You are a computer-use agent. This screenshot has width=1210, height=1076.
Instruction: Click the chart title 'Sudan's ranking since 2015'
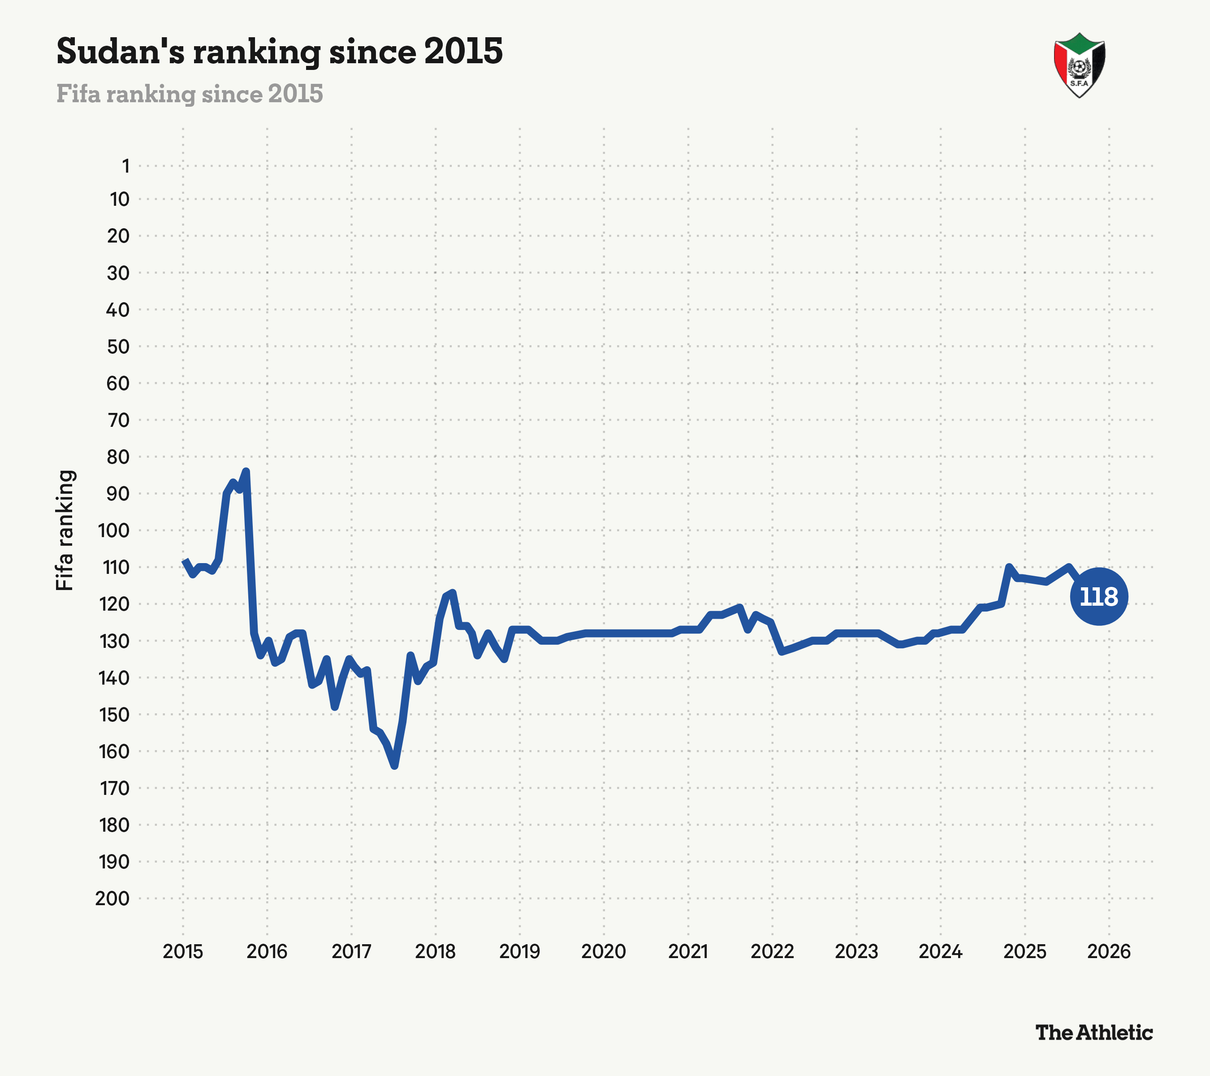279,51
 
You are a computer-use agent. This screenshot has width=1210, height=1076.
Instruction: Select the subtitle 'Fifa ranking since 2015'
190,94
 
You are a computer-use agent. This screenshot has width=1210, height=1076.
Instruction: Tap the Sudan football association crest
1079,65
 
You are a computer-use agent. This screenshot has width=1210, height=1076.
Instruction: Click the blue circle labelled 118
1099,596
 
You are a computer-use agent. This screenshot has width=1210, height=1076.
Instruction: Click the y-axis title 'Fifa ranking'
65,530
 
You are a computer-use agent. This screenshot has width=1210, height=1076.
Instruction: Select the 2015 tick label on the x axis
183,952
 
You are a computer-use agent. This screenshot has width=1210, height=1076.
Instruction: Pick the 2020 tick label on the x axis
603,952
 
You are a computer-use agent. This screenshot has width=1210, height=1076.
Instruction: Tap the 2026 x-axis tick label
1109,952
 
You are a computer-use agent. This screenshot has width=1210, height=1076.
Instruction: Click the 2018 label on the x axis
435,952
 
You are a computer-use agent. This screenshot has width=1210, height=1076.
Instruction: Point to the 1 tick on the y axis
125,166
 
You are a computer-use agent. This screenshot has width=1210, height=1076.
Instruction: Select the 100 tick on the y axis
114,530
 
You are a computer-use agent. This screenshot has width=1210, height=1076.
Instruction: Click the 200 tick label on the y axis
112,898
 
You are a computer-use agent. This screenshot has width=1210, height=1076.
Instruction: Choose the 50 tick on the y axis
118,347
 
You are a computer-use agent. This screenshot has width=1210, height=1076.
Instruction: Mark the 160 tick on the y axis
114,751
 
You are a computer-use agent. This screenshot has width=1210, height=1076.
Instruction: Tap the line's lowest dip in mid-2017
395,766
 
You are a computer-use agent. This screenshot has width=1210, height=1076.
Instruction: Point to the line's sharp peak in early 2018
452,593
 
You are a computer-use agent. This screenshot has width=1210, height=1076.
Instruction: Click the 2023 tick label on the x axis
856,952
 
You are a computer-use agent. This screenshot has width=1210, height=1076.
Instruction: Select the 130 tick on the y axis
114,641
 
